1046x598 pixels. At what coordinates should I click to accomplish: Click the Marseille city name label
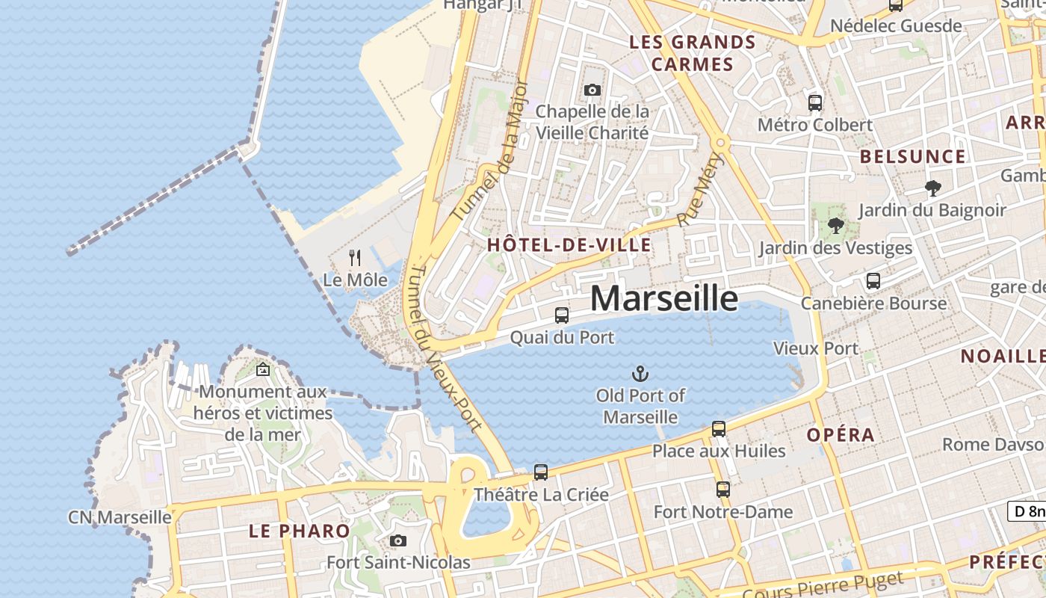(x=664, y=298)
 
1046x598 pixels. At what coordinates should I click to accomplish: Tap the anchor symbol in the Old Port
(x=640, y=373)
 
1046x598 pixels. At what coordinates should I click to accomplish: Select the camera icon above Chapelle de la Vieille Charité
(x=592, y=90)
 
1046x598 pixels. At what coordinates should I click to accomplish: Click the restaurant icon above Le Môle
(x=355, y=258)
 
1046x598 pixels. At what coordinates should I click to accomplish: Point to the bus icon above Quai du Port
(x=562, y=315)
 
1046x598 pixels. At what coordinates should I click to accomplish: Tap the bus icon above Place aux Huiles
(x=719, y=429)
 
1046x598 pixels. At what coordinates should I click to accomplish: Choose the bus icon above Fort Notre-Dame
(x=723, y=490)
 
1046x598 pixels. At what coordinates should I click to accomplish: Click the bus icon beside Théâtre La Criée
(x=541, y=472)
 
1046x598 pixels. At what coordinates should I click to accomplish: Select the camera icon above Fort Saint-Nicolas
(x=398, y=540)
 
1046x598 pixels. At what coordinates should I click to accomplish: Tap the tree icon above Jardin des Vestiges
(x=836, y=225)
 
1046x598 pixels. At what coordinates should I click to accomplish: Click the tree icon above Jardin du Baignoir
(x=932, y=188)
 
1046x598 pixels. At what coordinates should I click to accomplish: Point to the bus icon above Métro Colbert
(x=815, y=102)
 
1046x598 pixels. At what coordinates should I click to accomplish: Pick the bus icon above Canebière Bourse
(x=873, y=281)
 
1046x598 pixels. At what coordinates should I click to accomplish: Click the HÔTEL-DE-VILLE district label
(x=569, y=245)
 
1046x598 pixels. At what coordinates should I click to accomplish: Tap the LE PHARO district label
(x=300, y=531)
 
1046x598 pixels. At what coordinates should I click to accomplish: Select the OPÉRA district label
(x=841, y=435)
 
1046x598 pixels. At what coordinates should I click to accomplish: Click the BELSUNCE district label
(x=913, y=157)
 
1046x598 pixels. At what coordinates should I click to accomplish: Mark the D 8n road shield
(x=1027, y=511)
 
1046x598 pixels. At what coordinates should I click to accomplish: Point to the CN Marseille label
(x=120, y=517)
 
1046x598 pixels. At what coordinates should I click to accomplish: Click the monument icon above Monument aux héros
(x=263, y=369)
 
